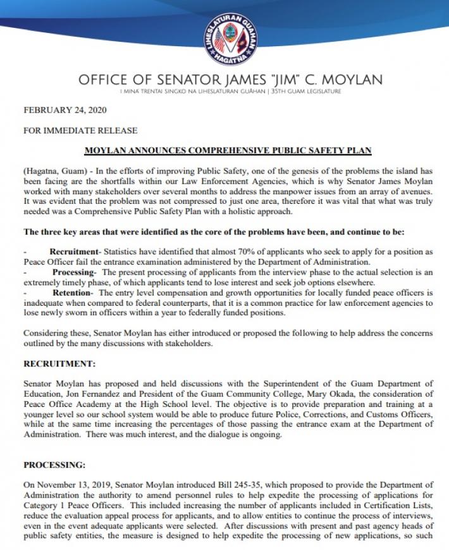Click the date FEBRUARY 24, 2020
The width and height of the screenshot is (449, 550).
pyautogui.click(x=65, y=109)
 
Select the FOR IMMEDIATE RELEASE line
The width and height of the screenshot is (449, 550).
pyautogui.click(x=80, y=131)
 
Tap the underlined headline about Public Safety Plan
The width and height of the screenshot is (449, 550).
pyautogui.click(x=228, y=151)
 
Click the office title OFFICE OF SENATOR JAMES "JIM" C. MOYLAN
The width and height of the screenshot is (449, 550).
pyautogui.click(x=231, y=80)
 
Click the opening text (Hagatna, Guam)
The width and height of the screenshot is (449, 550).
pyautogui.click(x=54, y=171)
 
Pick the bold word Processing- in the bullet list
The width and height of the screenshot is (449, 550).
pyautogui.click(x=73, y=272)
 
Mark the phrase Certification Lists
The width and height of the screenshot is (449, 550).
pyautogui.click(x=392, y=506)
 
